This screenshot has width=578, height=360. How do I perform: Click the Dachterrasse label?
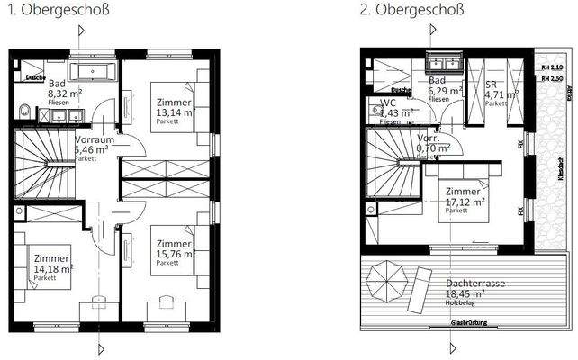click(474, 282)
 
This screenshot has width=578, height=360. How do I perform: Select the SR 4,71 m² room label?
click(501, 93)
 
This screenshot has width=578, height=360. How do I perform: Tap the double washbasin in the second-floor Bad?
click(443, 66)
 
